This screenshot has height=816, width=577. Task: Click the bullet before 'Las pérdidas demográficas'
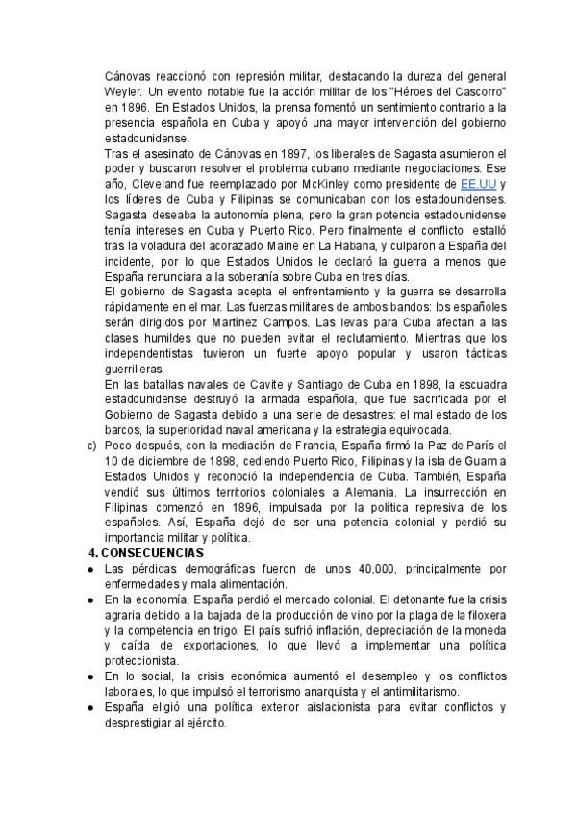[91, 569]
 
